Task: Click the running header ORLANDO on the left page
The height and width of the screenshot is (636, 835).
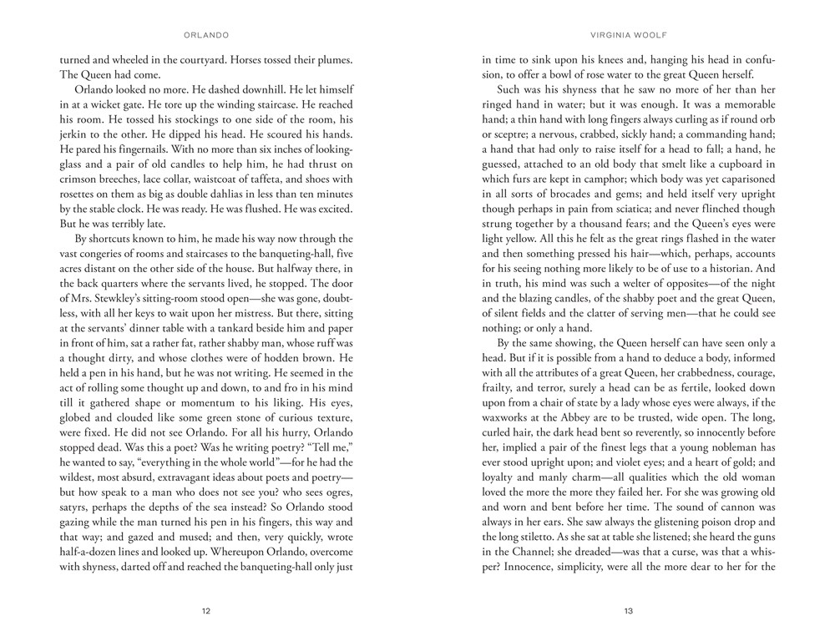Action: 205,36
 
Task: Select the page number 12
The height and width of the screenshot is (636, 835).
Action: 206,611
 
